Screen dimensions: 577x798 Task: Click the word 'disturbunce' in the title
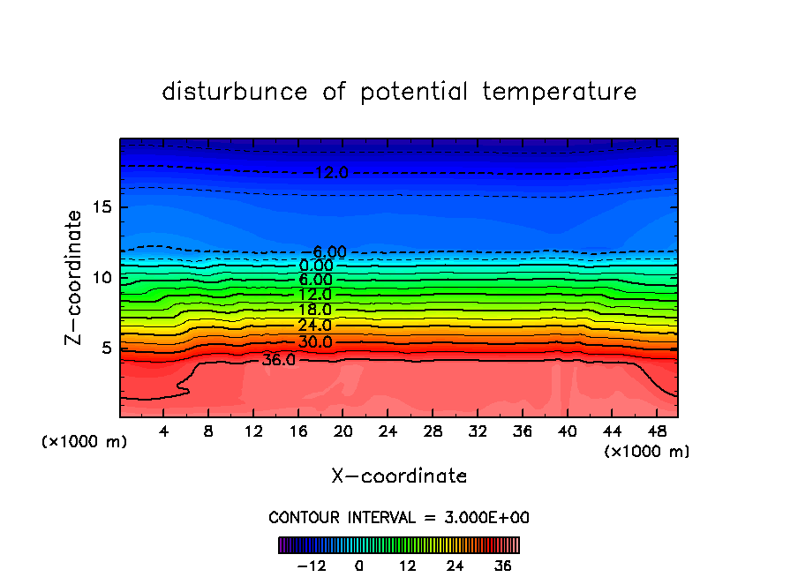(235, 92)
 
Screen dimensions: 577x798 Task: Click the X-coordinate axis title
(399, 476)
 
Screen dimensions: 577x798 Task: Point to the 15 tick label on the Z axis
(99, 207)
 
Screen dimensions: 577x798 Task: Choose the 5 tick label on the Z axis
(103, 348)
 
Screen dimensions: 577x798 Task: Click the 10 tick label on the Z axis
(99, 277)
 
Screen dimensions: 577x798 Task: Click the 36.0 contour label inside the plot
(279, 360)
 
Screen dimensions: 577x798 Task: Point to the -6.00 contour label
(328, 252)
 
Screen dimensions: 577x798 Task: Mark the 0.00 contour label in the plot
(316, 266)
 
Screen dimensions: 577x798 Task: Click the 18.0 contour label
(314, 310)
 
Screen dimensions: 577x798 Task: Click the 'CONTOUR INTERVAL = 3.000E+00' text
(399, 518)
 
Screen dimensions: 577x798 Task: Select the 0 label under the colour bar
(359, 566)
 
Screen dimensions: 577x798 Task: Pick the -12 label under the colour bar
(311, 566)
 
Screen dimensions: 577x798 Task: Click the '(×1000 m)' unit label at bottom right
(647, 451)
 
